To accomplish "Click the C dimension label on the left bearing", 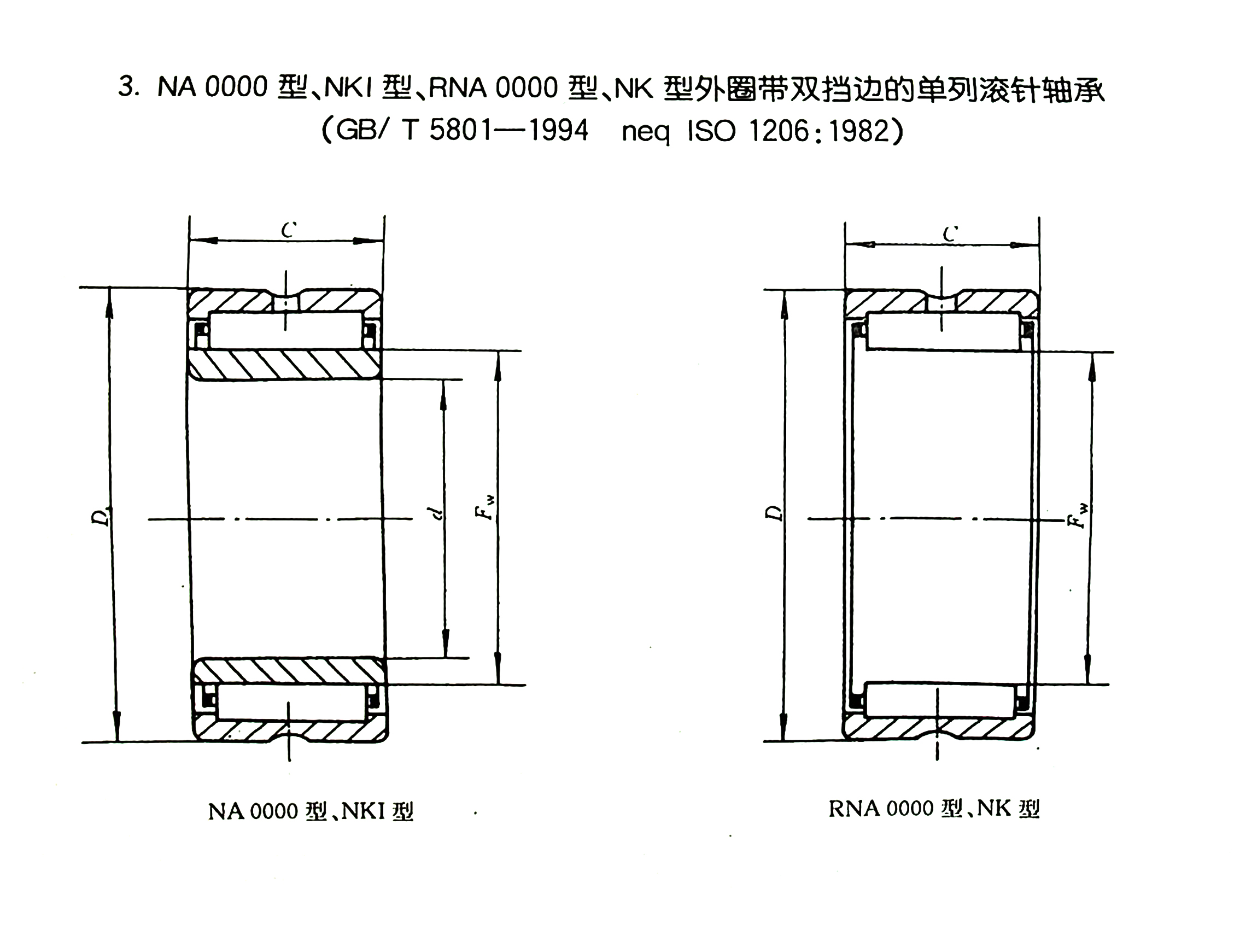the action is [289, 229].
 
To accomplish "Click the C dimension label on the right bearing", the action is [950, 233].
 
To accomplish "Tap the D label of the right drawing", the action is [774, 513].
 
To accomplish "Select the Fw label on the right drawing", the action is [1078, 516].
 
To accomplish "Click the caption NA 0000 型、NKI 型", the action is [311, 811].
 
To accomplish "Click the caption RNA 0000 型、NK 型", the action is [934, 809].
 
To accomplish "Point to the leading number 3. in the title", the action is [128, 87].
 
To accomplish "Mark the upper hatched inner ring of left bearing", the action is [285, 365].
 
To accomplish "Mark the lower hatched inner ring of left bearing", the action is [290, 671].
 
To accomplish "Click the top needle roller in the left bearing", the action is [285, 330].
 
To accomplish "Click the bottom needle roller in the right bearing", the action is [940, 700].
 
